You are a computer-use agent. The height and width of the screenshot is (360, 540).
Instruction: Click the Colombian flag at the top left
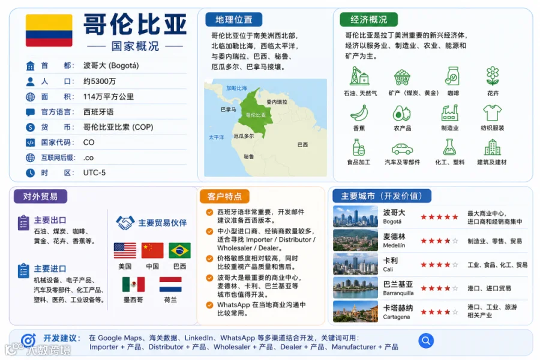[49, 31]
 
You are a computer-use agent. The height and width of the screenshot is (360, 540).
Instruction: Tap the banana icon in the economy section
[359, 113]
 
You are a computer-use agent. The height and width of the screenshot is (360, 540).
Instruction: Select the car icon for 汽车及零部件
[402, 149]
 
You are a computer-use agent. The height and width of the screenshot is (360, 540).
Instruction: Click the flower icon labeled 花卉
[493, 76]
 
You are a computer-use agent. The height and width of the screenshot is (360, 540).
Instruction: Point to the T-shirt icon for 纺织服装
[492, 113]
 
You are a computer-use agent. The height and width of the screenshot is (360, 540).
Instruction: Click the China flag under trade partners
[152, 250]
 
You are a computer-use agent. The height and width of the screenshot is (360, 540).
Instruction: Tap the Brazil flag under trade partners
[179, 250]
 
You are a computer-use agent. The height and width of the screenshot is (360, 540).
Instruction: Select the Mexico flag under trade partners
[133, 284]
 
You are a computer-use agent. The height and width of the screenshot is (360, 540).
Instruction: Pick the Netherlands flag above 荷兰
[170, 284]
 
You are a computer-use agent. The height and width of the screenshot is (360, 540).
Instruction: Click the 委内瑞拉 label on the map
[277, 102]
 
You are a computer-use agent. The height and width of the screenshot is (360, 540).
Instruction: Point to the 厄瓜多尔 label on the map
[244, 136]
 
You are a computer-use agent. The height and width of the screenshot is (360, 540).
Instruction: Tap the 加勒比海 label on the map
[236, 88]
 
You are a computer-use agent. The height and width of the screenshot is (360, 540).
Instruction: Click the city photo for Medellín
[355, 240]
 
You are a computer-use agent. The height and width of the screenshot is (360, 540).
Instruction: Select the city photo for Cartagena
[355, 311]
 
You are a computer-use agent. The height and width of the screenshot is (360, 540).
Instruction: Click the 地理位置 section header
[234, 20]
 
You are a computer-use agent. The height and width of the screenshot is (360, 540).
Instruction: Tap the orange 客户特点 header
[224, 196]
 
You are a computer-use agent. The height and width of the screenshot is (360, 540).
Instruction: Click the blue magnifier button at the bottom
[426, 341]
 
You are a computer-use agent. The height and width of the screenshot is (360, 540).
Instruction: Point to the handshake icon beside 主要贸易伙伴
[125, 223]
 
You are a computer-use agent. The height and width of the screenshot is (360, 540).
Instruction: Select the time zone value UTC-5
[94, 173]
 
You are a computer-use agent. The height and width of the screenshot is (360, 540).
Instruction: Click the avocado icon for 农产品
[401, 113]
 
